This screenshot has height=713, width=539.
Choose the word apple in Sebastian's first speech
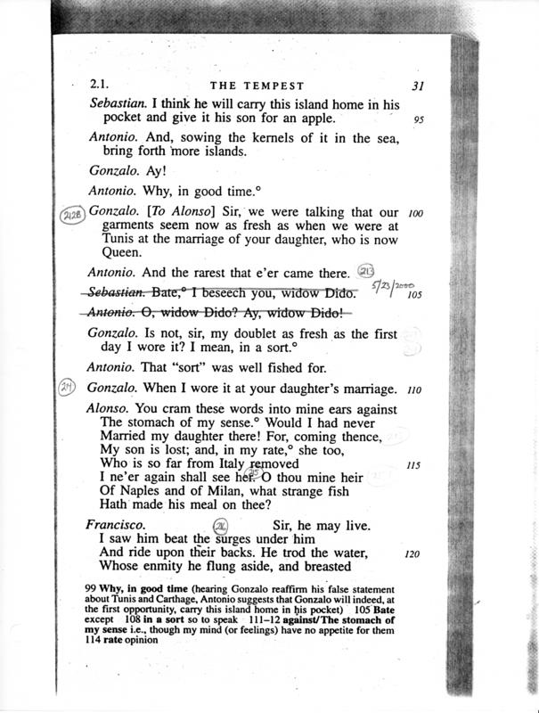tap(312, 119)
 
